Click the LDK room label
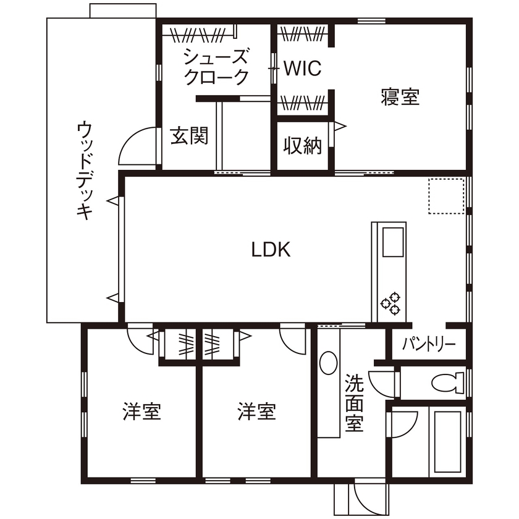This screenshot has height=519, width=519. click(x=271, y=250)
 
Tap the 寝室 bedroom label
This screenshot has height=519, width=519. click(x=400, y=97)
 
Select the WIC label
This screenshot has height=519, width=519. click(x=303, y=69)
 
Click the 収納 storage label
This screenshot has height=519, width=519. click(x=303, y=146)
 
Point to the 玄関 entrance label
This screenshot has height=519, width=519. click(x=188, y=136)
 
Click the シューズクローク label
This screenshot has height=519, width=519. click(x=216, y=67)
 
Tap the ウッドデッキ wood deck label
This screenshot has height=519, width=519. click(x=84, y=171)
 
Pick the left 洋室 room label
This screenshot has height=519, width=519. click(x=141, y=411)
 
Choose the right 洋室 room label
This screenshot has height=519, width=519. click(x=256, y=411)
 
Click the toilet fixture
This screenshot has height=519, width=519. click(x=448, y=383)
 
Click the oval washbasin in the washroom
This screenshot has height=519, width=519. click(x=329, y=363)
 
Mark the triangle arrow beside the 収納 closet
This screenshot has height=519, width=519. click(x=340, y=126)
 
